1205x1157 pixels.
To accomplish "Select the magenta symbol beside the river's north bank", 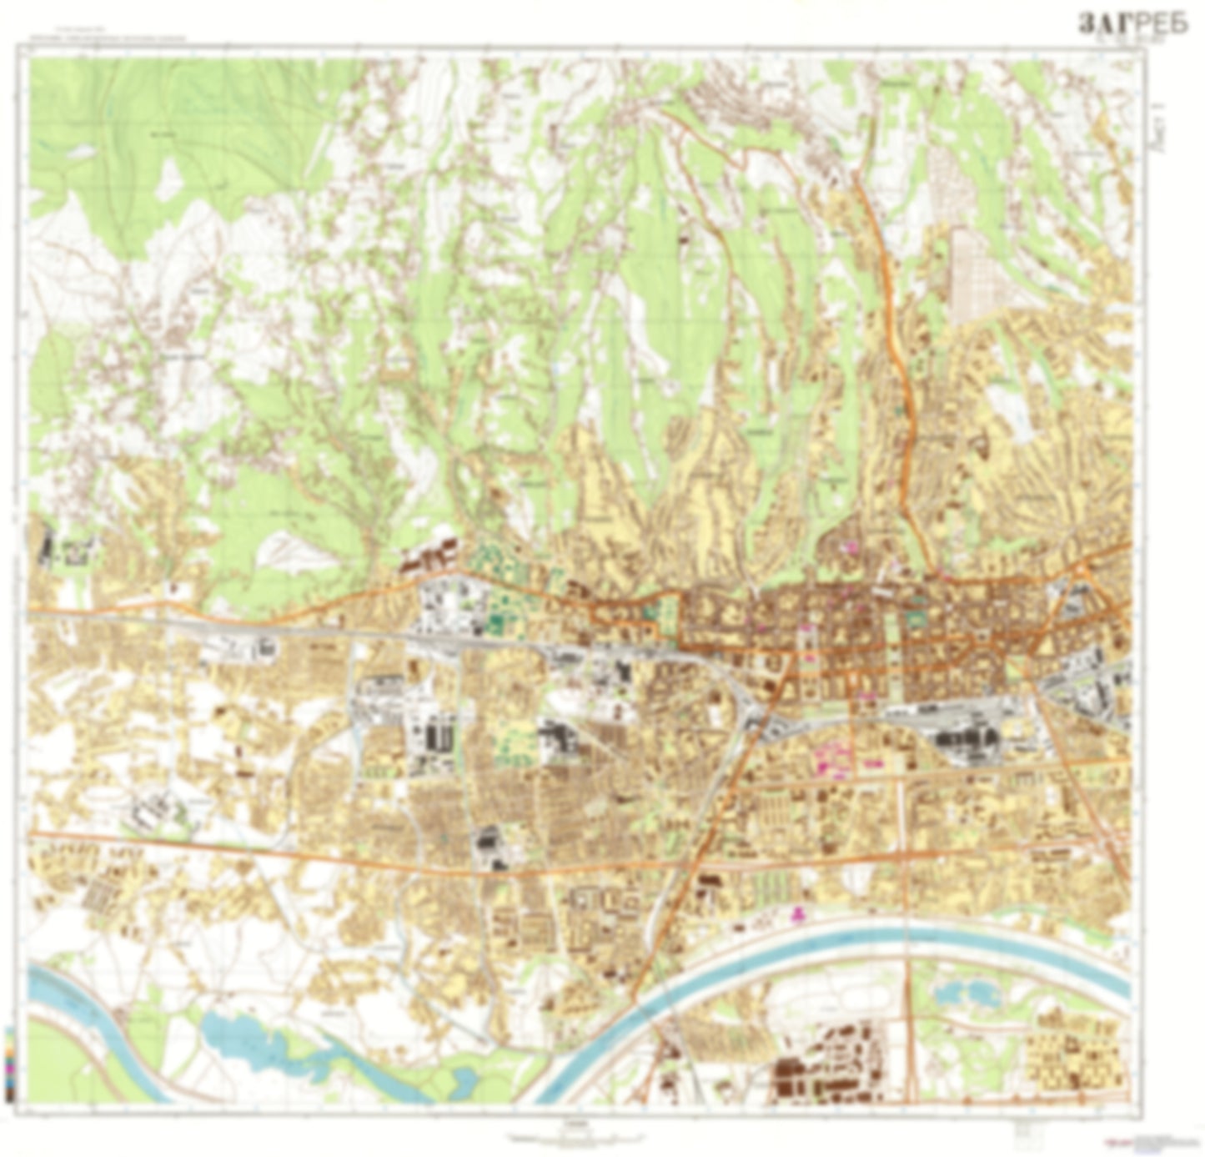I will click(x=799, y=914).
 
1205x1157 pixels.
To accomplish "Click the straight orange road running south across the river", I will click(x=909, y=959).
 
